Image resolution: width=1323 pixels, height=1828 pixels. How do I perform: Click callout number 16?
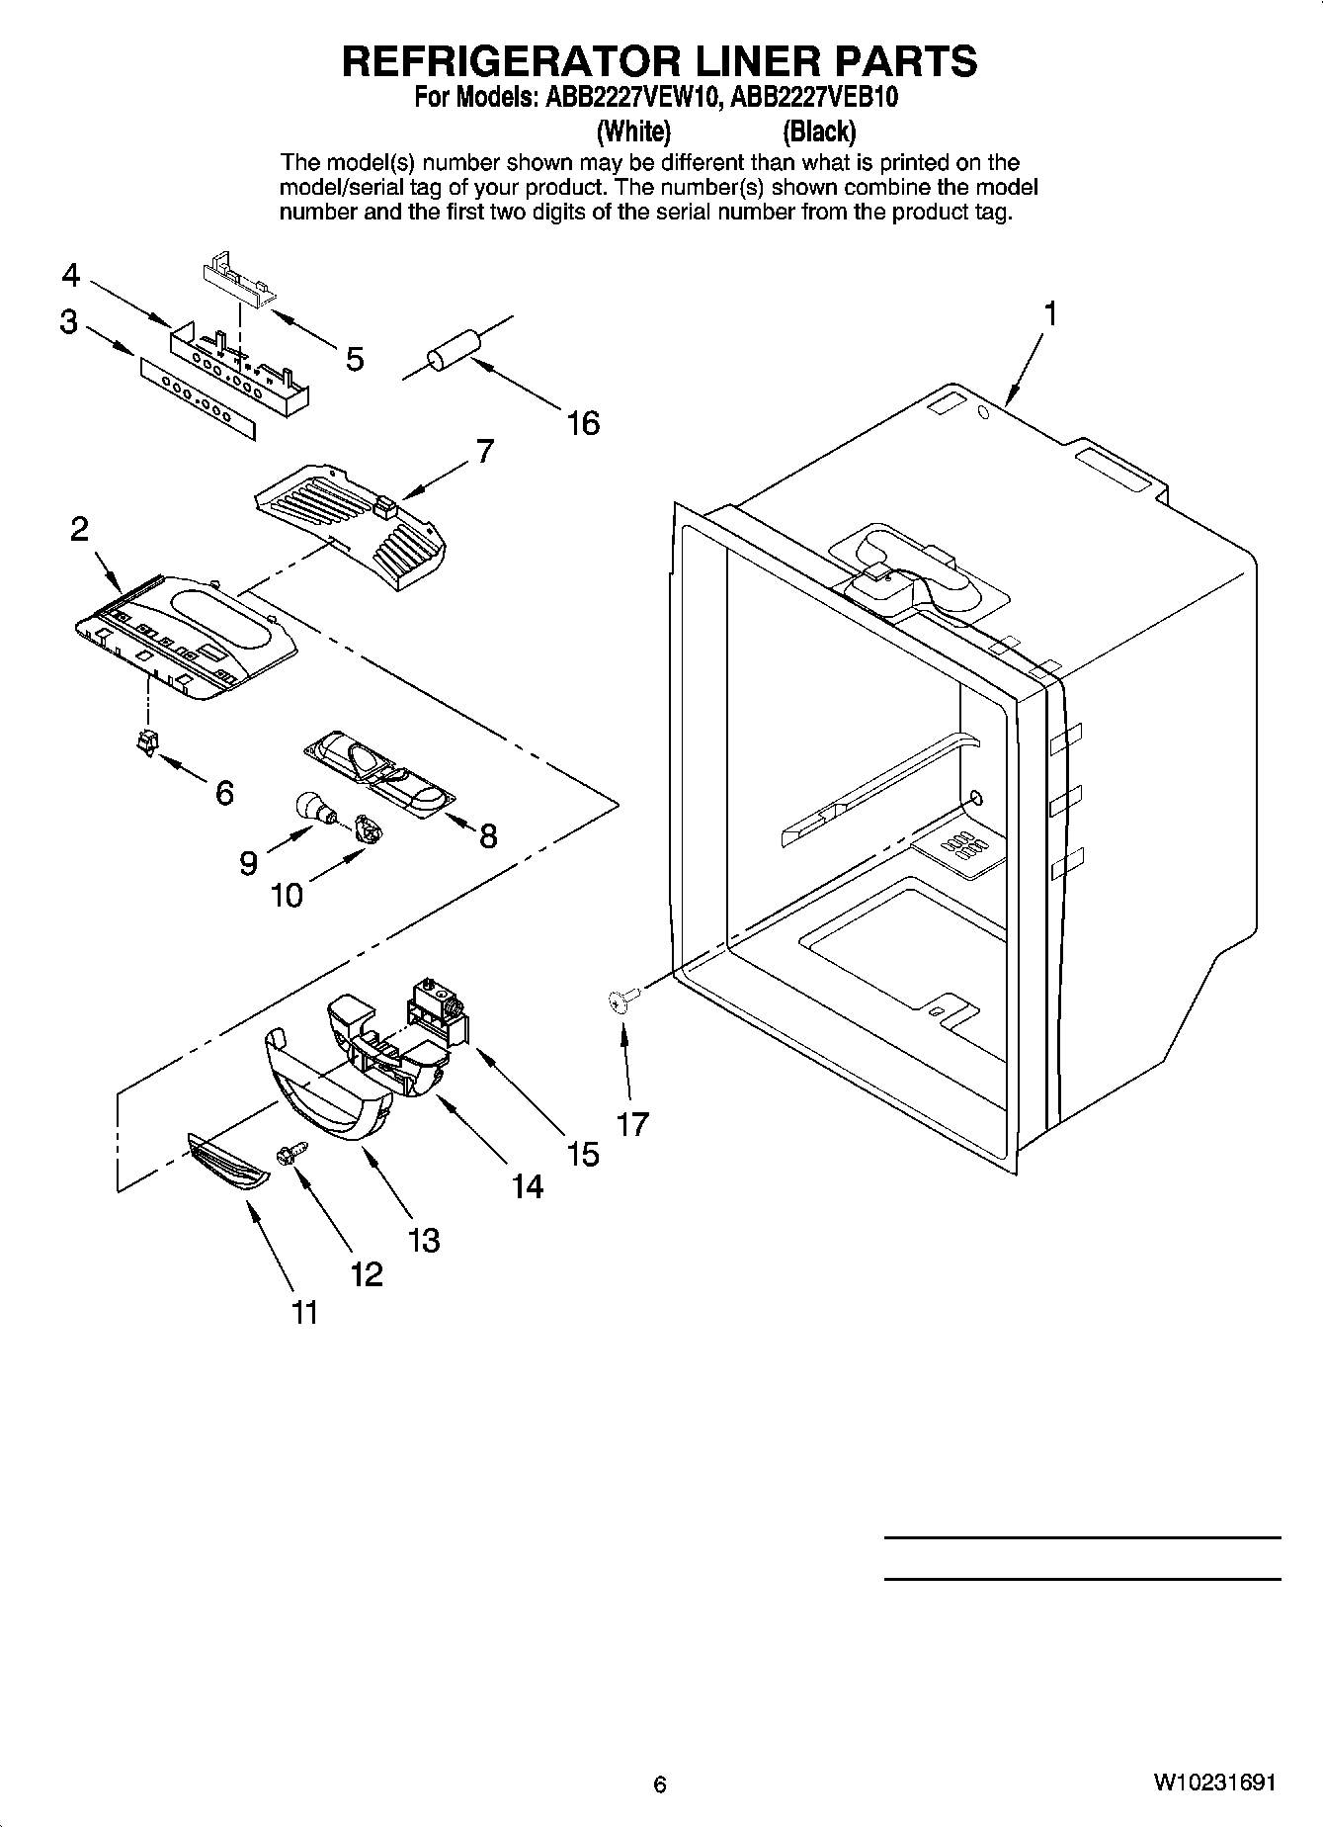(583, 423)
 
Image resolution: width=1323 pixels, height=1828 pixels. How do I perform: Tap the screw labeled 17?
(618, 1002)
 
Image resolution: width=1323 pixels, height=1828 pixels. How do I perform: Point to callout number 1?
(1050, 314)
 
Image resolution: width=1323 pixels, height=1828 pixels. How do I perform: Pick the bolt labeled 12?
(292, 1153)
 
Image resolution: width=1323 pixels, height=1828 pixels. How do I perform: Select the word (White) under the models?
(633, 131)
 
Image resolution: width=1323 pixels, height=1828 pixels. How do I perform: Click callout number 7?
(483, 451)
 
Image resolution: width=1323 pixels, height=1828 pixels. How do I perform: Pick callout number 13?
(424, 1240)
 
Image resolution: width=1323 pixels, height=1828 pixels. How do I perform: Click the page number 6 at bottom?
(660, 1784)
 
